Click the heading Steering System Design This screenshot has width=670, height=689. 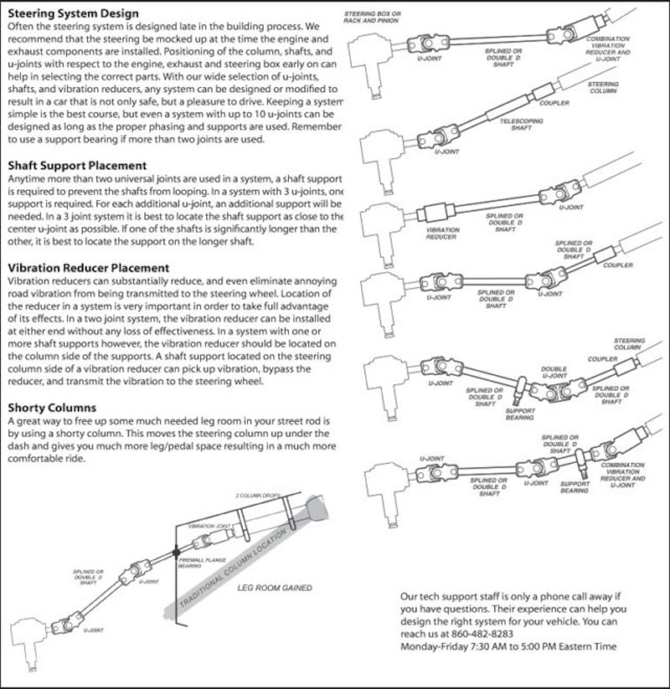point(73,13)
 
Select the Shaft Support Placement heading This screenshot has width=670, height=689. point(77,165)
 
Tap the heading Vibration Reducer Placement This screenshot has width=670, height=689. point(88,267)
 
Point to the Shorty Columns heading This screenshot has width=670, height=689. point(52,407)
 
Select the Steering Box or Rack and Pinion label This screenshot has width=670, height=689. point(372,17)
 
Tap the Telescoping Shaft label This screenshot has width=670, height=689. point(521,124)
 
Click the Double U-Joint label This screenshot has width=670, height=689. point(554,372)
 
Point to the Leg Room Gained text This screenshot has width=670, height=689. point(275,587)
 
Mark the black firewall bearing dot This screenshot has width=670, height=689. point(176,552)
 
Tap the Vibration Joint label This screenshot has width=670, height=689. point(209,526)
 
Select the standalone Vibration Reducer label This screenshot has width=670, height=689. point(443,233)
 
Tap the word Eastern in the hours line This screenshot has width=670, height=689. point(576,647)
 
